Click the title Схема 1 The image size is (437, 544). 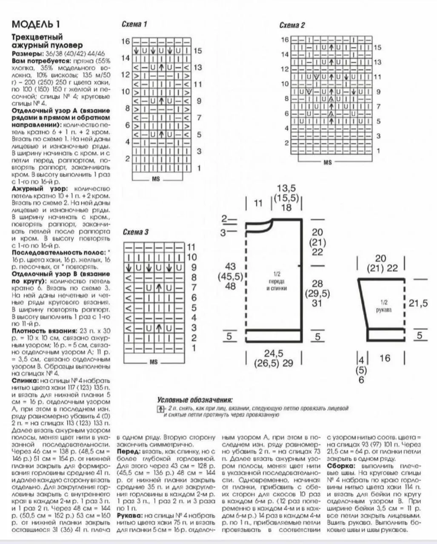tap(134, 24)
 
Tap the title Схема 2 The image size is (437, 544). tap(292, 25)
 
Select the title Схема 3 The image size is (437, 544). tap(135, 232)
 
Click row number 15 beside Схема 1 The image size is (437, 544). tap(197, 51)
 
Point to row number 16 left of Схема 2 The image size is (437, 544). tap(285, 40)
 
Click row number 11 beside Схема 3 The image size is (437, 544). tap(191, 247)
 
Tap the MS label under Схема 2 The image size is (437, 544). tap(327, 162)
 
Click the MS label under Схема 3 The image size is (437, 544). tap(154, 362)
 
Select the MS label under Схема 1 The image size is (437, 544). tap(156, 179)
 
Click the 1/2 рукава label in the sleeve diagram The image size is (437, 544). tap(384, 306)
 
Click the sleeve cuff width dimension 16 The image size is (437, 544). tap(385, 358)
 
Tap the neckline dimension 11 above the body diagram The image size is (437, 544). tap(258, 203)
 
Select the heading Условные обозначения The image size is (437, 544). tap(195, 400)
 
